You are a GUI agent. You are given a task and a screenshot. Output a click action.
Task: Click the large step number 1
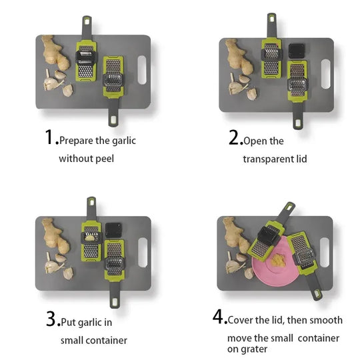[49, 137]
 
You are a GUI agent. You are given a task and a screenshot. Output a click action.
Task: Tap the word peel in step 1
[105, 159]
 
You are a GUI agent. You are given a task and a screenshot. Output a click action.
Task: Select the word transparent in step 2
[269, 159]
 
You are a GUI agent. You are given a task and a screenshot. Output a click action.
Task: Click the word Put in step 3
[69, 322]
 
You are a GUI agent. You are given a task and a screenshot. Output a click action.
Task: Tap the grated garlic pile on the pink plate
[278, 261]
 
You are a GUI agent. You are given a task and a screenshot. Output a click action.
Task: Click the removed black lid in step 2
[297, 51]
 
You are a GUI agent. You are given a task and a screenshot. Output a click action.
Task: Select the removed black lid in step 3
[113, 230]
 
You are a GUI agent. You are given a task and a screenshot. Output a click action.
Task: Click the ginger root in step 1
[55, 53]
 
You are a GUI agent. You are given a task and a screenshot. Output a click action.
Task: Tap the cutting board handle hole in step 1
[142, 70]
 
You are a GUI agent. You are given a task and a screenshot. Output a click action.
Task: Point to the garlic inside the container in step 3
[90, 238]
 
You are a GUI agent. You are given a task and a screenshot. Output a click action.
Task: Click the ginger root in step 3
[55, 236]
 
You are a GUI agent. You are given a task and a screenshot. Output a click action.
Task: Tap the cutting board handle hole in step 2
[325, 74]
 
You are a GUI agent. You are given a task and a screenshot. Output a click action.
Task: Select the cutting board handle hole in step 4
[325, 253]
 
